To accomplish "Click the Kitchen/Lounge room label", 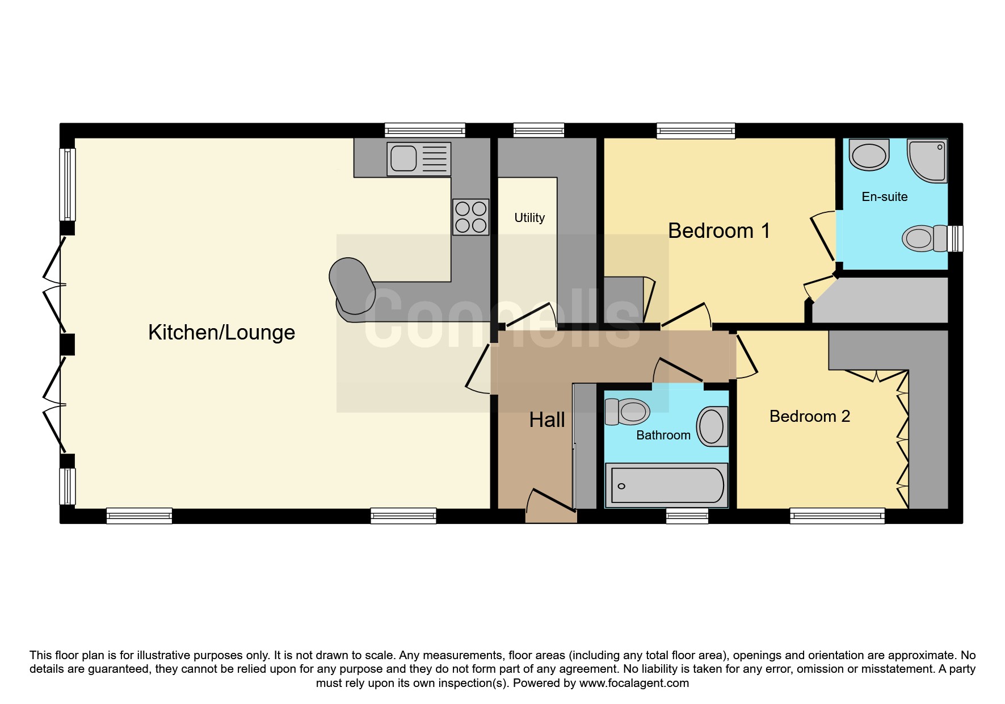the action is pos(221,333).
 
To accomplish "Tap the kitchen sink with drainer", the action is pos(419,158).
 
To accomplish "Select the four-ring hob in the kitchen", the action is pos(470,217).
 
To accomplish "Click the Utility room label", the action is pos(529,218).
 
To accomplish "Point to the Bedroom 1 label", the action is pos(719,231).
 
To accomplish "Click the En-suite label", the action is pos(885,197).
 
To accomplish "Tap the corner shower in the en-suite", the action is pos(927,161).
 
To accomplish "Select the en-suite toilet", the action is pos(924,238).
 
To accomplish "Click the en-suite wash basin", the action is pos(869,155).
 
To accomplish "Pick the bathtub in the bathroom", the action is pos(667,485).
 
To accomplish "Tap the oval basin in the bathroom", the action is pos(712,426).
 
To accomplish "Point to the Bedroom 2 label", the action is pos(810,417).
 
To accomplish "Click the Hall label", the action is pos(547,420).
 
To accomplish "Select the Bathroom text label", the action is pos(663,435).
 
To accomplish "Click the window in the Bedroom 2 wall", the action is pos(838,516).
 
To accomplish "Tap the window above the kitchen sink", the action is pos(424,131).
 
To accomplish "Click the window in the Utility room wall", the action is pos(539,131).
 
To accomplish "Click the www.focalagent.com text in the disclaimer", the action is pos(634,683).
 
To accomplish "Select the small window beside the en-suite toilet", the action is pos(956,238).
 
